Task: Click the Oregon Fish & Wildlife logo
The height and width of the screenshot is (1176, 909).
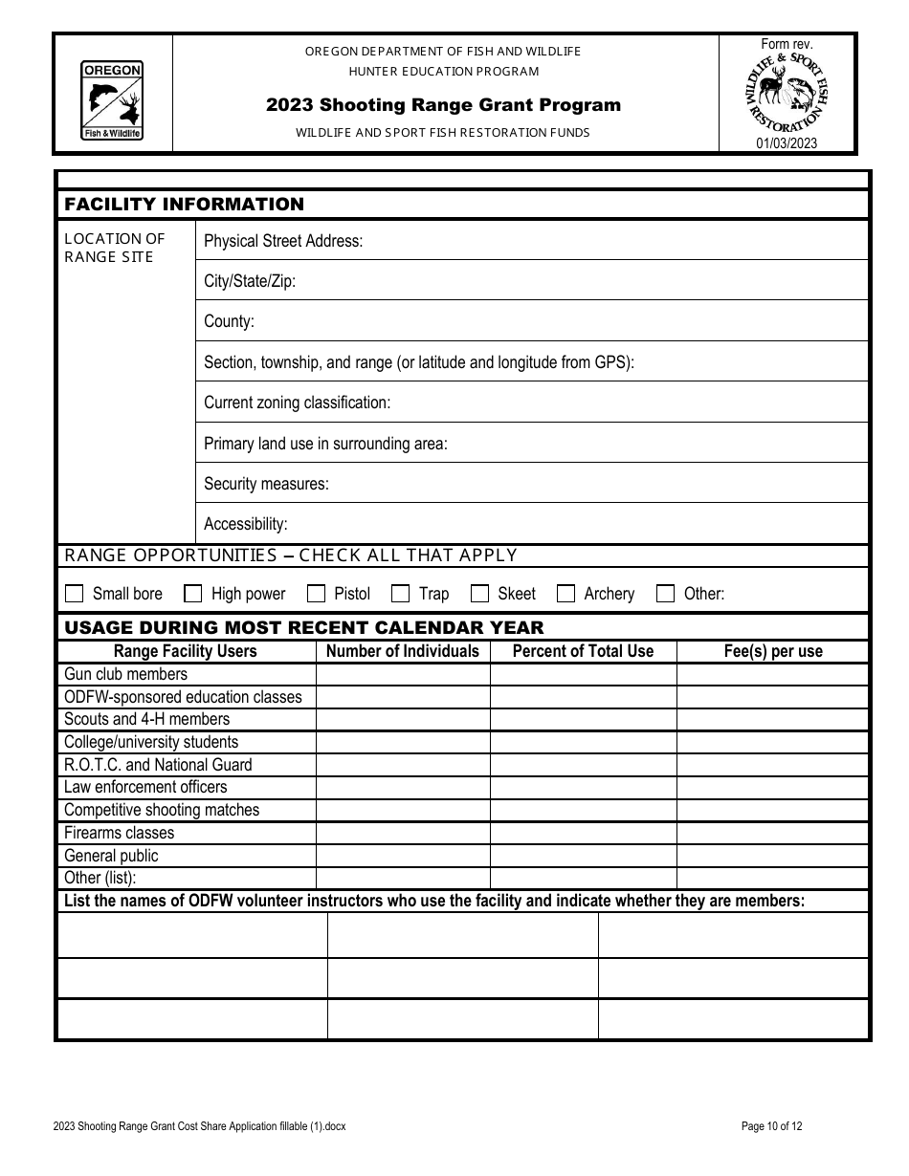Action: click(x=113, y=100)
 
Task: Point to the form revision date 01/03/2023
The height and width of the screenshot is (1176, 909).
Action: click(x=787, y=144)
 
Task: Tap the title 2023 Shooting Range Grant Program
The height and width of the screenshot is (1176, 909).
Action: click(x=443, y=105)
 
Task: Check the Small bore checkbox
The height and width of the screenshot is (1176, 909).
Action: click(x=75, y=594)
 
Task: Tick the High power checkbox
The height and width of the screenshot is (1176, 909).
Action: click(x=193, y=594)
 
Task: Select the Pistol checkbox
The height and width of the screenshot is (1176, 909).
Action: click(x=316, y=594)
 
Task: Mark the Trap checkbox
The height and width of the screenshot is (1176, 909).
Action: click(x=401, y=594)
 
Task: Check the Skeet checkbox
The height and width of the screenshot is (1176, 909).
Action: click(x=479, y=594)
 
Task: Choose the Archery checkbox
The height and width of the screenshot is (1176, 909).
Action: click(x=565, y=594)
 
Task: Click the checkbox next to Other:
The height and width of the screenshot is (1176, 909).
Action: click(x=665, y=594)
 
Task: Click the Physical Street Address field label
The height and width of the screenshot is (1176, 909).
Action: click(x=283, y=241)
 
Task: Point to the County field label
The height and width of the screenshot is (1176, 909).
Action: click(x=229, y=321)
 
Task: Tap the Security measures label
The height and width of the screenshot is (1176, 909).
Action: click(x=266, y=484)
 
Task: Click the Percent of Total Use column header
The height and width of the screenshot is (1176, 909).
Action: click(x=583, y=651)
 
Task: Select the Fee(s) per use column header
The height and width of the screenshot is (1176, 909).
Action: click(x=772, y=651)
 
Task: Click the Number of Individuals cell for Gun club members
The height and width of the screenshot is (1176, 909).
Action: click(x=402, y=674)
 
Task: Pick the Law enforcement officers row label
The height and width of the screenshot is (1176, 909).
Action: click(x=145, y=787)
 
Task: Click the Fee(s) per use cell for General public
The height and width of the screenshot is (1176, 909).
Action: click(x=772, y=856)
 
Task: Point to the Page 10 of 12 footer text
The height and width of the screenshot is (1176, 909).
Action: click(x=771, y=1126)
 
